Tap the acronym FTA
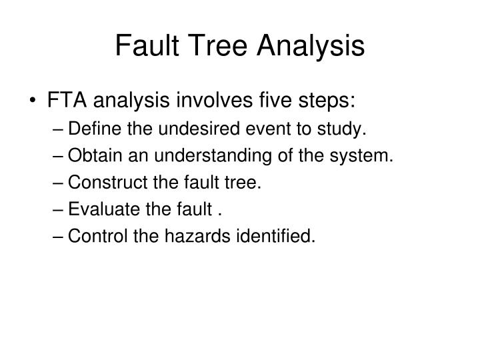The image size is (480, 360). (68, 102)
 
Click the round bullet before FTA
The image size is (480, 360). (34, 103)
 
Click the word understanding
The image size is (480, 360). (187, 157)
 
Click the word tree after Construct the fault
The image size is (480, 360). (245, 183)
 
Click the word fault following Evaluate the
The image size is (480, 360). (198, 211)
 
